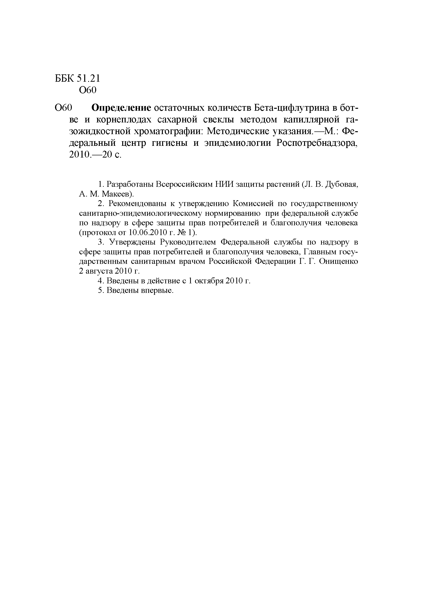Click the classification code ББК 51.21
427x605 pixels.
pyautogui.click(x=77, y=79)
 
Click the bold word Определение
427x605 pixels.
pyautogui.click(x=121, y=108)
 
